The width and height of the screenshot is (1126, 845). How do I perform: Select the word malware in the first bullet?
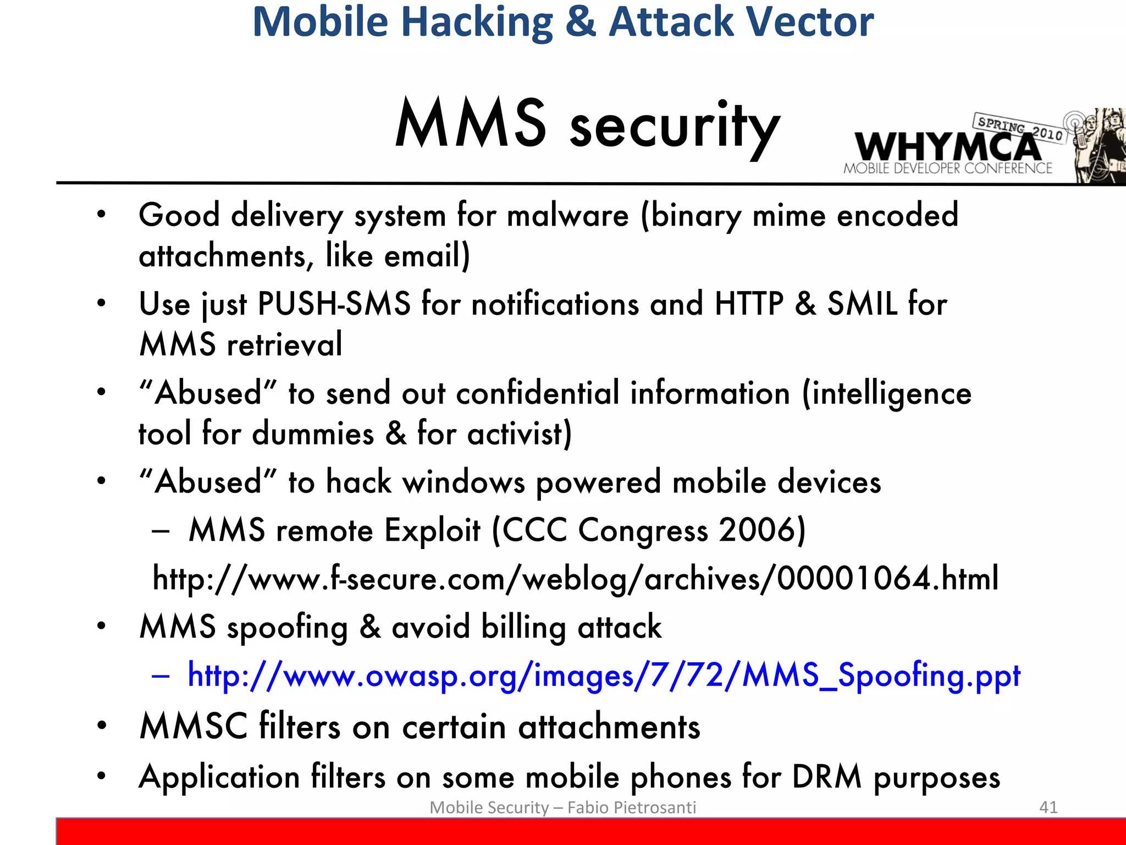[x=567, y=215]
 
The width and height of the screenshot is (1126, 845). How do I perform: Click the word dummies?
[x=313, y=434]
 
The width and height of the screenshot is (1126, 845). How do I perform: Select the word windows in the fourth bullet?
[x=463, y=482]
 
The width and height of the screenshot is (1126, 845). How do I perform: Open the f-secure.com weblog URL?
[x=575, y=578]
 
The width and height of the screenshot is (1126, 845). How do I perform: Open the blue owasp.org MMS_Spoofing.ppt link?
[x=604, y=675]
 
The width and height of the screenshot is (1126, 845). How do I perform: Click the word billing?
[x=523, y=627]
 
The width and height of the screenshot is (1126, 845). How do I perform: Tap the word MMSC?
[x=194, y=726]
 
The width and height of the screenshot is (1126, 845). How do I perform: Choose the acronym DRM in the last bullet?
[x=826, y=777]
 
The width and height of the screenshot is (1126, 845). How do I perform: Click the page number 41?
[x=1048, y=807]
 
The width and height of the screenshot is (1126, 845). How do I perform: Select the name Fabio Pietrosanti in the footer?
[x=631, y=807]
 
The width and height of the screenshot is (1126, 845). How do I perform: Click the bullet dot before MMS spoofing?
[x=101, y=626]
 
